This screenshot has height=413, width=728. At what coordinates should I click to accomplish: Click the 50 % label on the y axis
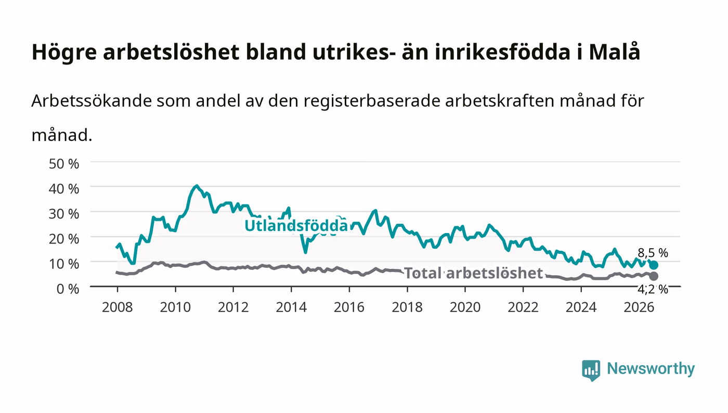64,163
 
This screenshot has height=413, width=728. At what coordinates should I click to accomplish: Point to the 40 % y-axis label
64,189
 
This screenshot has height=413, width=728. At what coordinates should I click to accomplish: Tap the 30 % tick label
64,214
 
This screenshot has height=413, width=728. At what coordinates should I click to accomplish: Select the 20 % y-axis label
64,239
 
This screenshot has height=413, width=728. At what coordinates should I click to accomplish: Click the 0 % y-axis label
68,289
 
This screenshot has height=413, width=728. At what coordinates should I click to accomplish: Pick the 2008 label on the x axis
118,307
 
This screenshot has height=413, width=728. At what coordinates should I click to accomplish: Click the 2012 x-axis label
233,307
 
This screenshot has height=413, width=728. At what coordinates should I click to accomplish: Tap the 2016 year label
349,307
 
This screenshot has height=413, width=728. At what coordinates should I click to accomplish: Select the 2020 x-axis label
465,307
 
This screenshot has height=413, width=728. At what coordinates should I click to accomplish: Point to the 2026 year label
639,307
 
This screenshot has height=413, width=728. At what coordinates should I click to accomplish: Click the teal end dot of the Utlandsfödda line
654,265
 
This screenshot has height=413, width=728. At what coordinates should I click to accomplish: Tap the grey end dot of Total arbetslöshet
654,276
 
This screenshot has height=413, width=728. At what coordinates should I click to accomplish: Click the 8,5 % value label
653,253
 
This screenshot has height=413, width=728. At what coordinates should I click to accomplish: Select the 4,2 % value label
653,289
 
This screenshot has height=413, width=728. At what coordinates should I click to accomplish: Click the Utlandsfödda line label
296,225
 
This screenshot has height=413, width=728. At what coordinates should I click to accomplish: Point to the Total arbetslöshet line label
474,273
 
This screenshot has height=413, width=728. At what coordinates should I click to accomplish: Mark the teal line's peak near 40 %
197,186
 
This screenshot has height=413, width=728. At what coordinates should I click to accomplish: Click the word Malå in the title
615,51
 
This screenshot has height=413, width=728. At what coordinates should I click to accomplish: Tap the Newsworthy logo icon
591,370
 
